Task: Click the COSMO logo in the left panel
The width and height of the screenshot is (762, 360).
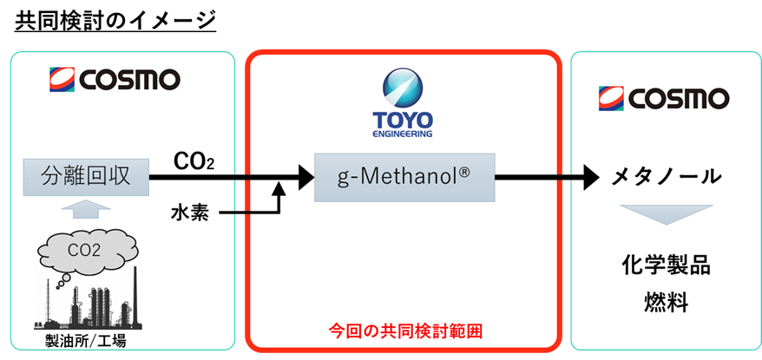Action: [x=113, y=80]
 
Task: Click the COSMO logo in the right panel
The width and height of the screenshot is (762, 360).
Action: [x=664, y=98]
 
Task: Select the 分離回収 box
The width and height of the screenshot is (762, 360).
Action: [x=86, y=178]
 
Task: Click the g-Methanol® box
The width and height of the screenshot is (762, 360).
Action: [x=404, y=178]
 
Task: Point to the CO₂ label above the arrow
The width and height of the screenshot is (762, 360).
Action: [x=192, y=161]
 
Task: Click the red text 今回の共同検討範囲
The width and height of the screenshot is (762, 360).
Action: [x=404, y=331]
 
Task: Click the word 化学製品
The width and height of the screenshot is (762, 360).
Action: [x=665, y=265]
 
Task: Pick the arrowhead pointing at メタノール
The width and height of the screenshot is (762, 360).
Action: [x=592, y=178]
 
